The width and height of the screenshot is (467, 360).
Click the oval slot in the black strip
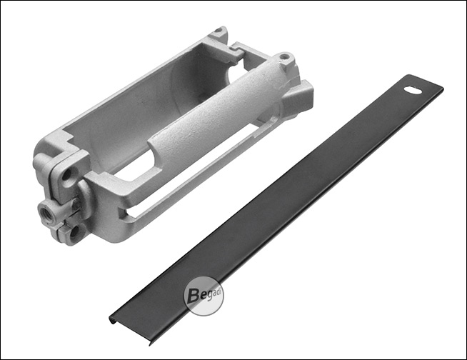coord(413,90)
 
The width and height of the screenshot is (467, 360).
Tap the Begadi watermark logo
coord(203,296)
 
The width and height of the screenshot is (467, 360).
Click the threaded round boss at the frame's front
coord(46,211)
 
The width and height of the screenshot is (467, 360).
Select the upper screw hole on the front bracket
coord(67,174)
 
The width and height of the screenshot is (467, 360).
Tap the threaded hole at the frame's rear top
coord(284,56)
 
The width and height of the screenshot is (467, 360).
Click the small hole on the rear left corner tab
coord(219,30)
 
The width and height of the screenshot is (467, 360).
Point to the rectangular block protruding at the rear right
coord(298,96)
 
